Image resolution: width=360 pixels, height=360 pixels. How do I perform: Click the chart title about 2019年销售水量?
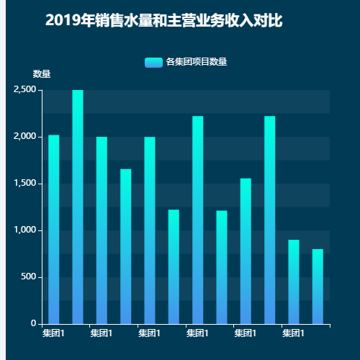point(163,22)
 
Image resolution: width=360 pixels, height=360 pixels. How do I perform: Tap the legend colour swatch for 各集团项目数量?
point(153,62)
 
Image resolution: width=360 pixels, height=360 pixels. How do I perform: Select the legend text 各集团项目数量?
point(197,62)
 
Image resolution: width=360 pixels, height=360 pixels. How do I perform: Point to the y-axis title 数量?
point(42,74)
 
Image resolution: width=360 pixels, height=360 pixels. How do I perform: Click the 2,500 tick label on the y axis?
point(24,90)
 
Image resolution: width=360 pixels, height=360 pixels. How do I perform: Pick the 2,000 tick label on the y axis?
point(24,137)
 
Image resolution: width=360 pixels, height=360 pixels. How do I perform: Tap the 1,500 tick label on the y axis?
point(24,184)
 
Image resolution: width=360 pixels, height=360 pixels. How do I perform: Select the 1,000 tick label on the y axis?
point(24,230)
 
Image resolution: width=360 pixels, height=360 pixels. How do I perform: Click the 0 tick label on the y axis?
point(33,324)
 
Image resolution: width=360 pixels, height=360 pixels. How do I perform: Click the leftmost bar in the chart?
point(54,230)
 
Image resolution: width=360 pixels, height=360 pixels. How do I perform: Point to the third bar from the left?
point(102,230)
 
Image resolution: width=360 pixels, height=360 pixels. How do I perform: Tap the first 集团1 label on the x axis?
point(53,334)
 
